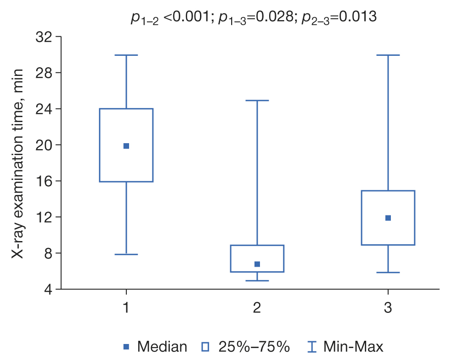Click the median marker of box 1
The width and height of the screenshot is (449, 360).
(x=126, y=146)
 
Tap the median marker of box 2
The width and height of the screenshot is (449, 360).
(x=257, y=264)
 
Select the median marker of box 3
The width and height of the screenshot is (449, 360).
(x=388, y=218)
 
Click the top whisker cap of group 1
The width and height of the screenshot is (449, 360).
(x=126, y=55)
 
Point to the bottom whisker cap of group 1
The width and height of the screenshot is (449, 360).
(x=126, y=254)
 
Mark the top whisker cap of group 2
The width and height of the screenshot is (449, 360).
(x=257, y=100)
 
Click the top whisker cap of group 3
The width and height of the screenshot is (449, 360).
(x=388, y=55)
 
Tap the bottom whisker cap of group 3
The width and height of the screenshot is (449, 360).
(x=388, y=273)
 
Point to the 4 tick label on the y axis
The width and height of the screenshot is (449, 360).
(x=48, y=290)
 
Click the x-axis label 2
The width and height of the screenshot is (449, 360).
(x=257, y=308)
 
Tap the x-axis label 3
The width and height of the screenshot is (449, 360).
(x=388, y=308)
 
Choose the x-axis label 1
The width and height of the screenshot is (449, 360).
(x=126, y=308)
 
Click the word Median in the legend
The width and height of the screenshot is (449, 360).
(x=162, y=347)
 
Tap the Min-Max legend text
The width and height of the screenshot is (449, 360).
(x=353, y=347)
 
